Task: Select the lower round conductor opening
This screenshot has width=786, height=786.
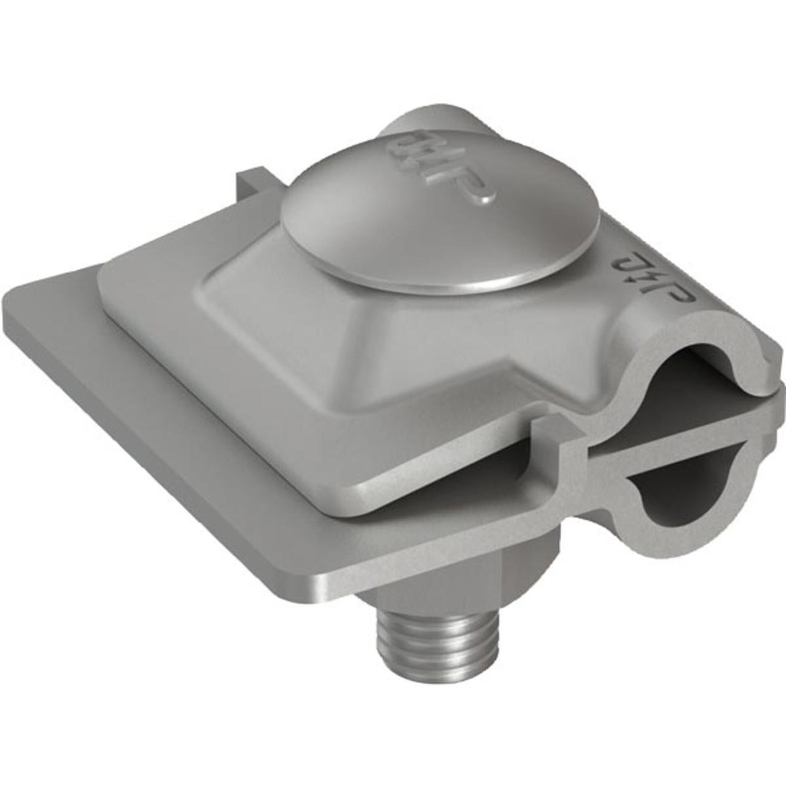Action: pyautogui.click(x=682, y=485)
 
